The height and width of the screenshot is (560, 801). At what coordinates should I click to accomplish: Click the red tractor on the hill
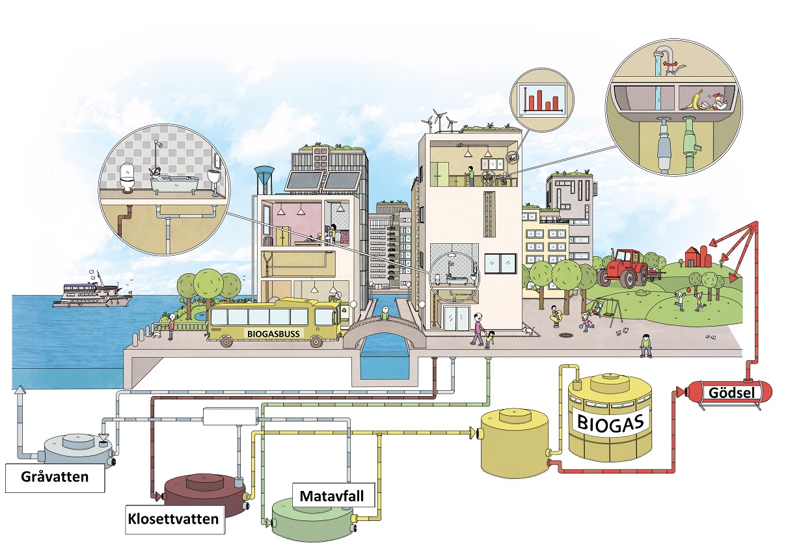pos(623,267)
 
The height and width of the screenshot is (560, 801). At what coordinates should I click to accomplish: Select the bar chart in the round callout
pos(543,100)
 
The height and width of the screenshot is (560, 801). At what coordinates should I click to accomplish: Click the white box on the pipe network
pos(230,416)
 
